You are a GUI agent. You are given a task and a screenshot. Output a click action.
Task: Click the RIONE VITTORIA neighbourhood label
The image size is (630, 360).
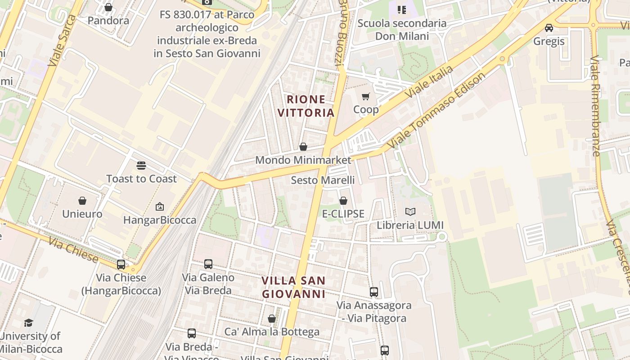click(306, 106)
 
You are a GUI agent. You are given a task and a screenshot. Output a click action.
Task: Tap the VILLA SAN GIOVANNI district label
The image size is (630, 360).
click(293, 287)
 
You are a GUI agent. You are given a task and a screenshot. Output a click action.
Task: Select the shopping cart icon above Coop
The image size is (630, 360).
click(366, 96)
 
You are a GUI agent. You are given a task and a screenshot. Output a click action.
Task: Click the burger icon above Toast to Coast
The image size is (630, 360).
click(141, 166)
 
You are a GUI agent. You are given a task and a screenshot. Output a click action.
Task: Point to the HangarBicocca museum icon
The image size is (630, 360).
click(159, 207)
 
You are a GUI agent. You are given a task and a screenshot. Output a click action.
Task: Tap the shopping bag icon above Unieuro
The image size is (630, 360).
click(82, 200)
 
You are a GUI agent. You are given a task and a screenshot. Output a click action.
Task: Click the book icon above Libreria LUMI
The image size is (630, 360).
click(410, 211)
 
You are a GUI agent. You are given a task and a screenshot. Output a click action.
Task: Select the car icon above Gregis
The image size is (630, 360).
click(549, 28)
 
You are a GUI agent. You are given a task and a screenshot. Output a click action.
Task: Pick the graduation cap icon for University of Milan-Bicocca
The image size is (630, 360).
click(29, 323)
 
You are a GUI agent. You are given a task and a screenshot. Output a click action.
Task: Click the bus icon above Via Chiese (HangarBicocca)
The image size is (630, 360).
click(121, 265)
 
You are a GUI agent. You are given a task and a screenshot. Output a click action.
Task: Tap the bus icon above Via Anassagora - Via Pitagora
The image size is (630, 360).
click(374, 292)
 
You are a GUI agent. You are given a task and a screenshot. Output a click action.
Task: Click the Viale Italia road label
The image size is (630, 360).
click(429, 82)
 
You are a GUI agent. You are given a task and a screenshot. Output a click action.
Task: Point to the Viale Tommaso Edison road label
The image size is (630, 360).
click(436, 110)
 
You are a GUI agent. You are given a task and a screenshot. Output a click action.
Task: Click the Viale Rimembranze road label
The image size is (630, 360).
click(596, 106)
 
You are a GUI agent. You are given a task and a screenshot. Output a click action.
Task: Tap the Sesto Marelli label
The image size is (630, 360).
click(323, 180)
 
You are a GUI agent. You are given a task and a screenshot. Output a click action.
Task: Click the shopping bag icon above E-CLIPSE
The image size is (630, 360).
click(343, 200)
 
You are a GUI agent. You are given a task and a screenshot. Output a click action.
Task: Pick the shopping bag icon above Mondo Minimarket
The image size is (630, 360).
click(303, 147)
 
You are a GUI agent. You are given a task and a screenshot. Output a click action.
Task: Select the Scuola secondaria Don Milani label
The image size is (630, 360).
click(402, 29)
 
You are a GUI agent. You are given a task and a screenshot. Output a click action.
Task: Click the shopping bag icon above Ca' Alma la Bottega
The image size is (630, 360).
click(272, 319)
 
